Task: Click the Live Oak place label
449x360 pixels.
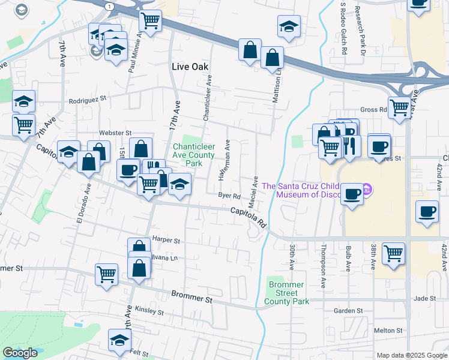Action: [x=190, y=67]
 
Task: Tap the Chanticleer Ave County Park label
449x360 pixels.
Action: [x=194, y=155]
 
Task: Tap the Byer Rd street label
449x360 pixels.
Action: [x=229, y=196]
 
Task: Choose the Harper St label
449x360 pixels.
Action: [x=166, y=240]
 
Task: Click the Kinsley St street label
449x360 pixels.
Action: [x=149, y=311]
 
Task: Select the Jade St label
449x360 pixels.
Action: [x=424, y=298]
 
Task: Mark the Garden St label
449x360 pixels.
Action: [x=349, y=311]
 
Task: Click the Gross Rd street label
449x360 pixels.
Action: [x=373, y=110]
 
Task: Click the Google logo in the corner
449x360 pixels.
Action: [x=20, y=353]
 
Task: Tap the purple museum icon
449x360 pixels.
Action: [x=367, y=191]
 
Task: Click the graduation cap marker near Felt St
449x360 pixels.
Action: [x=120, y=339]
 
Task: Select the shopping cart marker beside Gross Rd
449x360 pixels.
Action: [x=399, y=108]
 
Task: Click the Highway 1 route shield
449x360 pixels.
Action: [x=108, y=5]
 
